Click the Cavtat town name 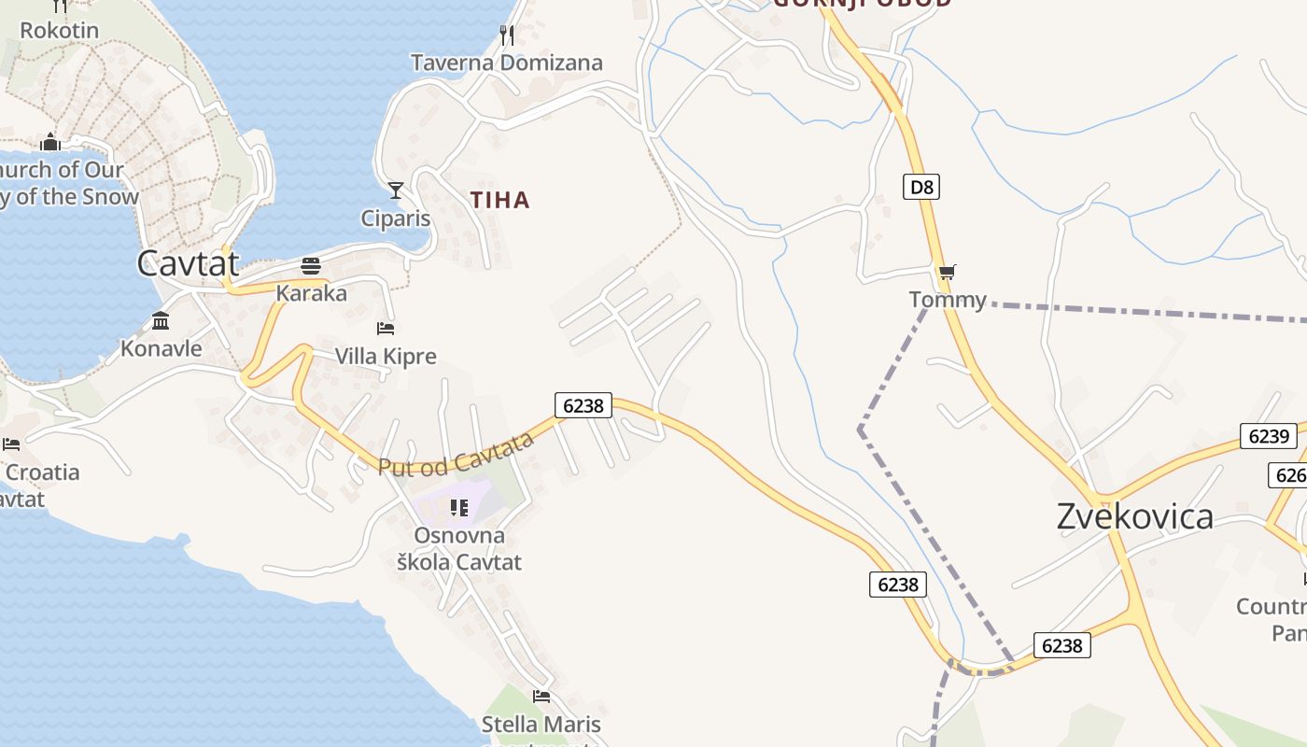188,263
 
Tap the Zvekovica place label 1134,516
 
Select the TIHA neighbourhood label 499,200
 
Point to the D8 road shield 921,187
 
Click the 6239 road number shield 1268,436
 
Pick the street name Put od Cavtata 456,455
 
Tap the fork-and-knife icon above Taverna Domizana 507,35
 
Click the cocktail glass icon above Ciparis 396,190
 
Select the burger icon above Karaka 311,266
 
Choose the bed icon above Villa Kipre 386,328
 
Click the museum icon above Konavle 161,321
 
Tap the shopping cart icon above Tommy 948,273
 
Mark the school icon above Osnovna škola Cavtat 458,507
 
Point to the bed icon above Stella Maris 541,697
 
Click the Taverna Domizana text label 507,63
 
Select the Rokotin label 59,30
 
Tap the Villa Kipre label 386,357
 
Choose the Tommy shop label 948,300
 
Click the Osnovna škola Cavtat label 458,549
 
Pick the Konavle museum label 161,348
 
